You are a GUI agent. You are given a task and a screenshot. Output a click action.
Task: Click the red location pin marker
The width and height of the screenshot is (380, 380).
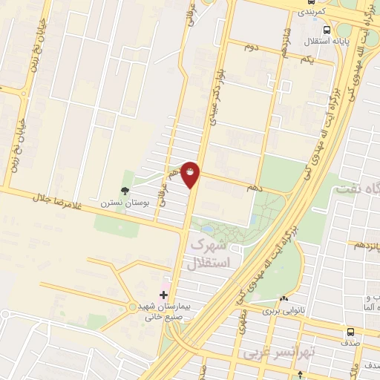point(191,174)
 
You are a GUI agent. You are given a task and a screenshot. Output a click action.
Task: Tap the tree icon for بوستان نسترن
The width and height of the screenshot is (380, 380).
point(124,191)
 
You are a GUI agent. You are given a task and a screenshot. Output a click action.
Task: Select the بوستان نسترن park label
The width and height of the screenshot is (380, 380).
point(125,202)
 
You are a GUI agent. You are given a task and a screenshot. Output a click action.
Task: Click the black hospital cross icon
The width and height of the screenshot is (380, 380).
point(164,295)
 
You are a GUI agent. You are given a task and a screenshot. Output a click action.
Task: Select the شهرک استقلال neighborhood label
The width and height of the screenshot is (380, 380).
point(211,253)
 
